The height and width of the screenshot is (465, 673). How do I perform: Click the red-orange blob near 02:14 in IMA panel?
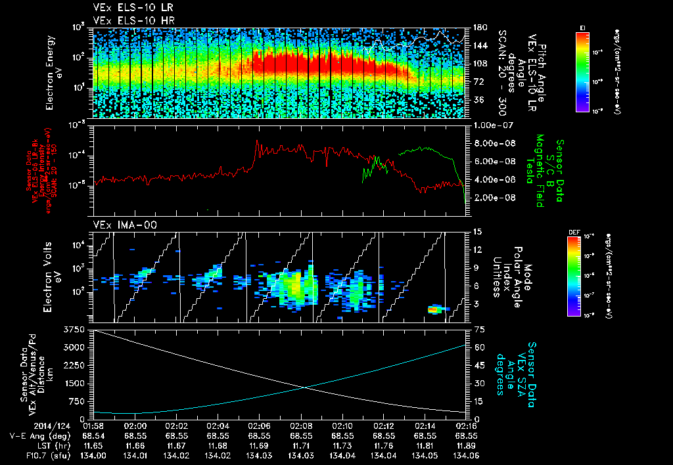coord(434,309)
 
